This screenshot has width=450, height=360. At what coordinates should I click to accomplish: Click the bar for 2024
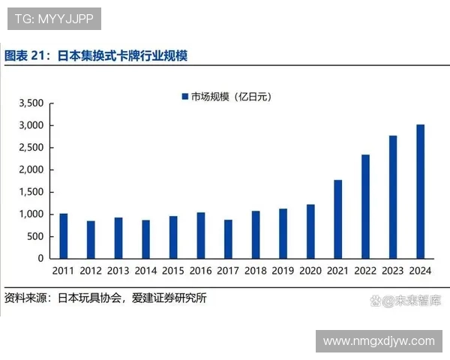pyautogui.click(x=421, y=191)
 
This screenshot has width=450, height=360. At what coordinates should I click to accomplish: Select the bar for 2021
pyautogui.click(x=338, y=219)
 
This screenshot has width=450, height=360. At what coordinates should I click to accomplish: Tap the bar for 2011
pyautogui.click(x=64, y=236)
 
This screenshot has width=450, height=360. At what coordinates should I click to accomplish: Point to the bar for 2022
pyautogui.click(x=366, y=206)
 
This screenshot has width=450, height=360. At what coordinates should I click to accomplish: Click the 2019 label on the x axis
pyautogui.click(x=283, y=271)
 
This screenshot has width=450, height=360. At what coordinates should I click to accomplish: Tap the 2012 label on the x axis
pyautogui.click(x=91, y=271)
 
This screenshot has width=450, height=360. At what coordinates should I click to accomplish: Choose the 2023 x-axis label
pyautogui.click(x=393, y=271)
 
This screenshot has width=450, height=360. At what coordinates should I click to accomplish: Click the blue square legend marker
pyautogui.click(x=184, y=97)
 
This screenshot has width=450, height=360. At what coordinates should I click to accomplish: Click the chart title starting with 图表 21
pyautogui.click(x=96, y=55)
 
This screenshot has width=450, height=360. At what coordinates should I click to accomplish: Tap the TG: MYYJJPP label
pyautogui.click(x=54, y=19)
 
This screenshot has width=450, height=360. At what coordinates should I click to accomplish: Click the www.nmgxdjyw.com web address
pyautogui.click(x=379, y=341)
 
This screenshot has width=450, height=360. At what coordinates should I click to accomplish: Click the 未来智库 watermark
pyautogui.click(x=411, y=301)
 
